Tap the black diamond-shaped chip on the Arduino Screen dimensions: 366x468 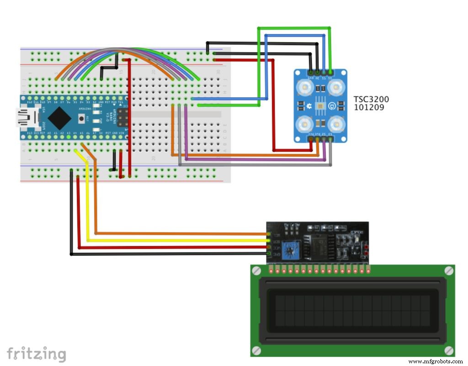(59, 118)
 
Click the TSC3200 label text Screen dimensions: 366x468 (371, 99)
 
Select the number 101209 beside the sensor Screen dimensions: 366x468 (369, 108)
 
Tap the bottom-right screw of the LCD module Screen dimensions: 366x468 (449, 350)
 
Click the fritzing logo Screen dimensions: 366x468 (37, 354)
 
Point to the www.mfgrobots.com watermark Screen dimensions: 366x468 (435, 361)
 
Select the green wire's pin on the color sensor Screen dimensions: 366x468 (330, 72)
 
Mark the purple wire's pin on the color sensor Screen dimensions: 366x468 (324, 139)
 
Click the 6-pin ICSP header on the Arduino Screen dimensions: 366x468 (122, 118)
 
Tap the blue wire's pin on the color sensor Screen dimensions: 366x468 (324, 72)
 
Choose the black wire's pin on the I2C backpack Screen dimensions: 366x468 (269, 254)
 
